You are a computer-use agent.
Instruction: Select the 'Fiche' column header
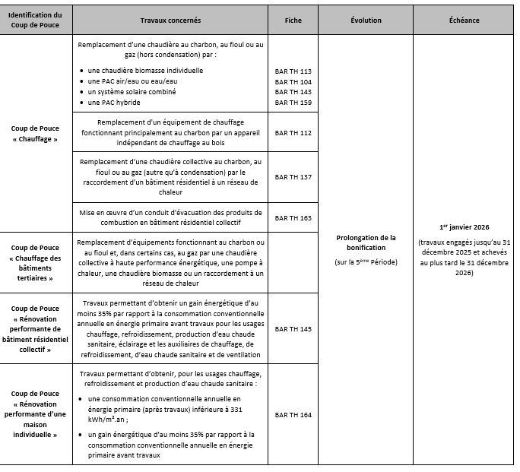pos(293,20)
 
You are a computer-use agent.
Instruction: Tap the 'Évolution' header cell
pos(366,20)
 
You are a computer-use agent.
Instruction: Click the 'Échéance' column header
pos(464,20)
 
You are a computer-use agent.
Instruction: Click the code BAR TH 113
pos(293,71)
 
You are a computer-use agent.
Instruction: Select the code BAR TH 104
pos(293,81)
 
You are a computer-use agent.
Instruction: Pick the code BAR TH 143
pos(293,92)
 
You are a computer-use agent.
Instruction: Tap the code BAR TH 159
pos(293,103)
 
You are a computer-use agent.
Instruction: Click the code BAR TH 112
pos(293,132)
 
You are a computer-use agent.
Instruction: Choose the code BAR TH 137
pos(293,176)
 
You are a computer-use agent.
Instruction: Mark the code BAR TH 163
pos(293,217)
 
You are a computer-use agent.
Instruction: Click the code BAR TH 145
pos(293,329)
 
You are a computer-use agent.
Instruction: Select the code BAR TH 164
pos(293,414)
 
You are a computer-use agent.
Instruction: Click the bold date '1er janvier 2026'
pos(464,227)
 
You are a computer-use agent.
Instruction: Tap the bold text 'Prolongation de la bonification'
pos(366,242)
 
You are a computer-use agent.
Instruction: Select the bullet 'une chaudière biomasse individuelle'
pos(145,71)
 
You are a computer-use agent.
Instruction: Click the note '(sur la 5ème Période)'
pos(366,262)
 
